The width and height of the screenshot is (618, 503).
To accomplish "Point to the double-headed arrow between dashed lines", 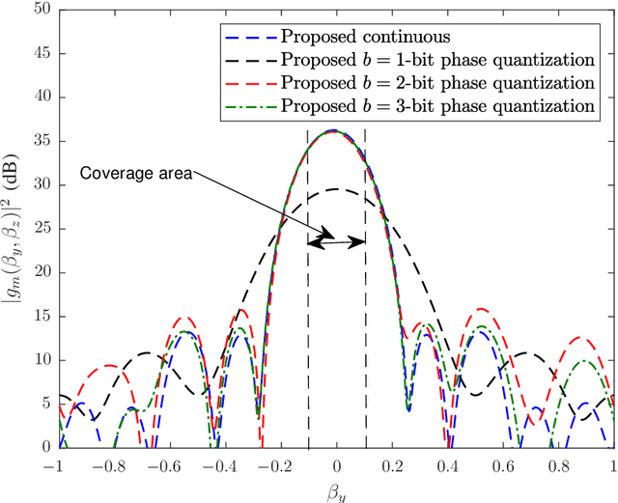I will (336, 243).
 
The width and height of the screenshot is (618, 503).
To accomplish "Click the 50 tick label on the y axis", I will (42, 10).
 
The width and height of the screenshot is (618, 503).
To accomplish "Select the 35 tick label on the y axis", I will (42, 141).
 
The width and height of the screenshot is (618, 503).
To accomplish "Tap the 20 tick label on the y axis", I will (42, 272).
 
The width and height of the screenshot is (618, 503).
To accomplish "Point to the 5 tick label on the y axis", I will (46, 404).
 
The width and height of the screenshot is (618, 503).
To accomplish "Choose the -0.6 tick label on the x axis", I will (167, 464).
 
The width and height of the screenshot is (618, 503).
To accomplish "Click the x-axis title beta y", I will (336, 489).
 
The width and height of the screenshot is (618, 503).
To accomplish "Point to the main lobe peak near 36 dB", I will (335, 130).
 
